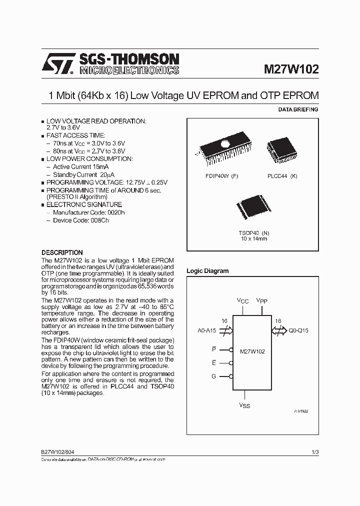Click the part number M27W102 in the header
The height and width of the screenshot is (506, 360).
tap(291, 69)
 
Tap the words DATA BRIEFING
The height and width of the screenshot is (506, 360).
tap(297, 109)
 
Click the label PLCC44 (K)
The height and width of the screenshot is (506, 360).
tap(282, 176)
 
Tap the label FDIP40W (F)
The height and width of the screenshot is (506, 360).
tap(221, 176)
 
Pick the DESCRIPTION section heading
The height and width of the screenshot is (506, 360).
tap(62, 252)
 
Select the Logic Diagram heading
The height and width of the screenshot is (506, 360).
tap(207, 271)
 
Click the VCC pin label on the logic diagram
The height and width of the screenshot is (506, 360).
tap(242, 300)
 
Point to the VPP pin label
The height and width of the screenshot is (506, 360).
tap(262, 300)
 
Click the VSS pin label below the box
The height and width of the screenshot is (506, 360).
tap(244, 405)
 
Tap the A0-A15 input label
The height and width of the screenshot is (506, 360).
tap(207, 330)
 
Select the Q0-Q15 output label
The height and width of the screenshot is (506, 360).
tap(299, 330)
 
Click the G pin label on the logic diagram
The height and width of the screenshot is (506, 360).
tap(213, 376)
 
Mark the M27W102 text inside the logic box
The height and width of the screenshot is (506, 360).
tap(252, 351)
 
